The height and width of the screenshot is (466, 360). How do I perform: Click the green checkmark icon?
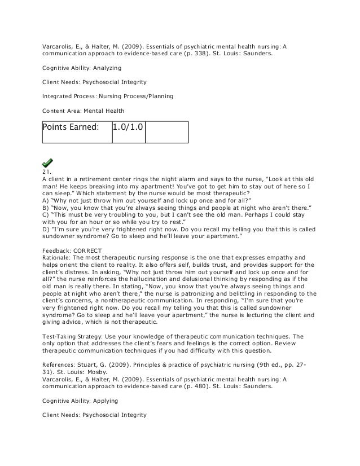pos(48,162)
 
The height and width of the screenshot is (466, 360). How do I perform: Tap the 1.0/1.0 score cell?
pos(128,131)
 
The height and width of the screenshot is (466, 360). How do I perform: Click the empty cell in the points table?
pos(166,131)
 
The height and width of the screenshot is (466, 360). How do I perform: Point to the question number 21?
pos(47,172)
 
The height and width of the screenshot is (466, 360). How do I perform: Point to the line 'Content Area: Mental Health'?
pos(84,110)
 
